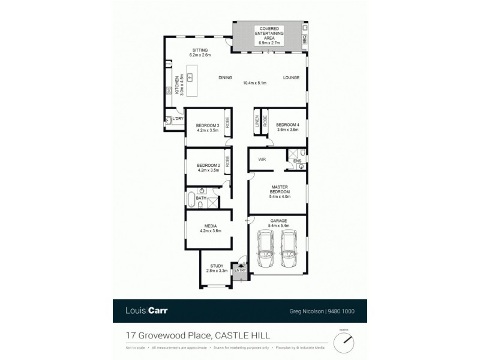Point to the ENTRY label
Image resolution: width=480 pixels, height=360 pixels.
pos(240,271)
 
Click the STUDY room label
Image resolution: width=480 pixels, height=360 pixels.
pos(216,266)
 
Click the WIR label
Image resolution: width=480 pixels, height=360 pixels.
pos(262,160)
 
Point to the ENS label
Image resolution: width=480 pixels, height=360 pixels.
pos(296,161)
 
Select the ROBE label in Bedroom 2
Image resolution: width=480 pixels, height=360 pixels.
pos(227,161)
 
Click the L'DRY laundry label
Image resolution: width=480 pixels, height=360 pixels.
pos(177,119)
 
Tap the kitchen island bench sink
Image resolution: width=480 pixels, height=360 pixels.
pos(190,77)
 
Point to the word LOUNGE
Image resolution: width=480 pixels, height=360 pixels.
pos(292,77)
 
